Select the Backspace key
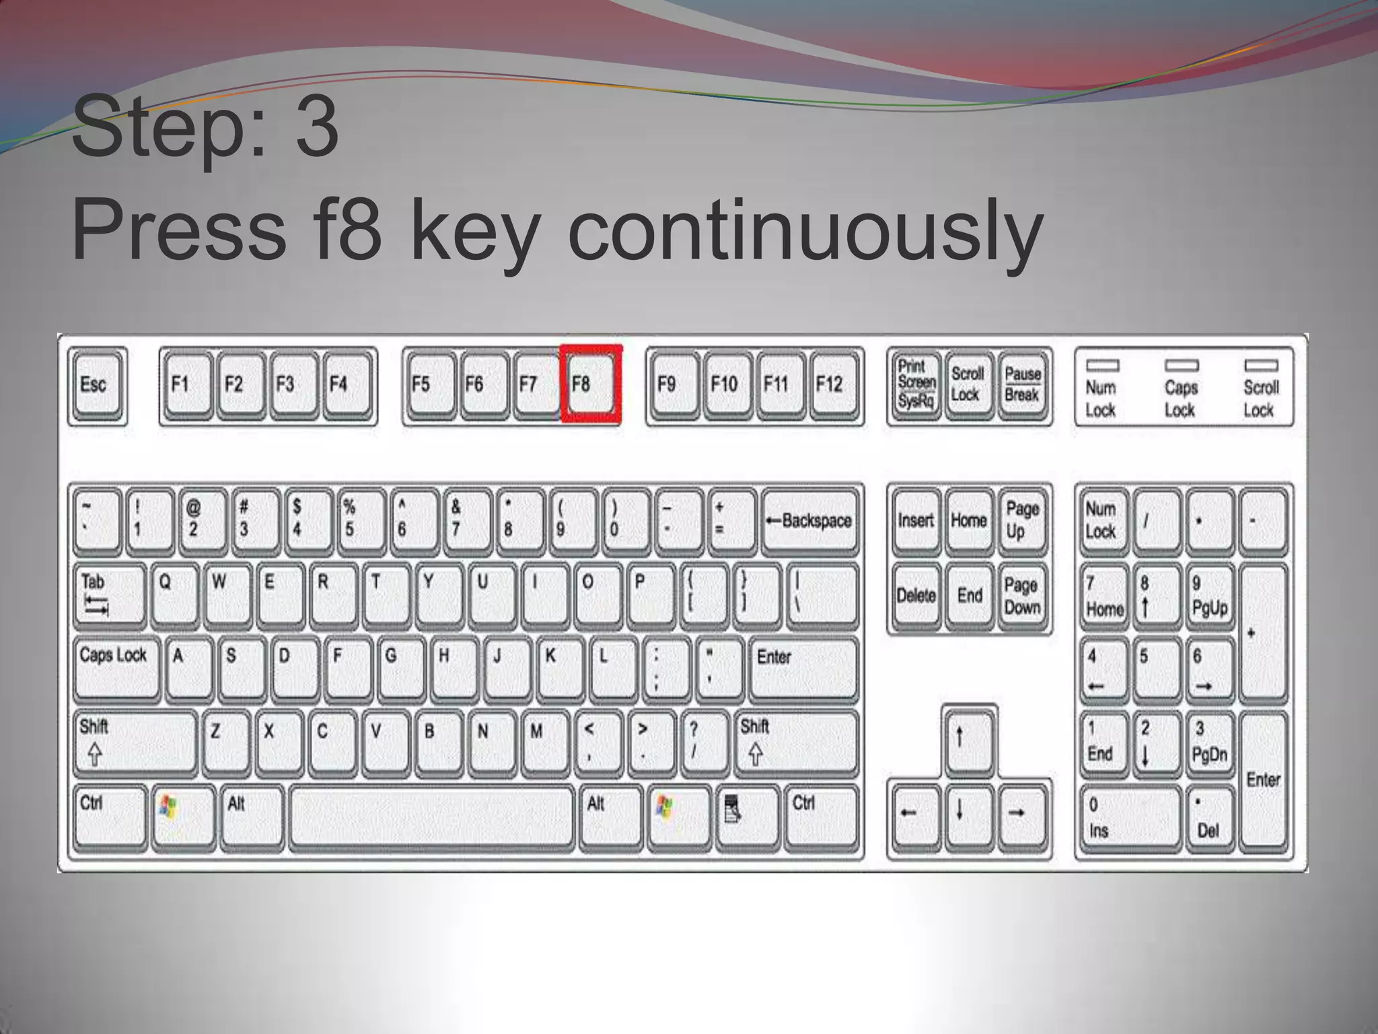811,521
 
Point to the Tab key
109,595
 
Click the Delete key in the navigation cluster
916,596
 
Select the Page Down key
1022,596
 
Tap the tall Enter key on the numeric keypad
1263,780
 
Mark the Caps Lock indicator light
1182,366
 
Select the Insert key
916,521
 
